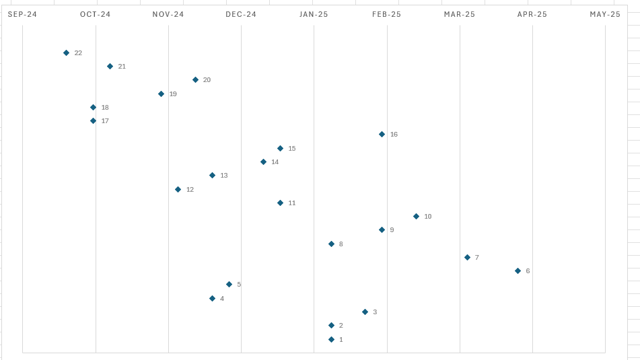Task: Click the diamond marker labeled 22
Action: [x=66, y=52]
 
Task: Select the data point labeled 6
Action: [x=518, y=271]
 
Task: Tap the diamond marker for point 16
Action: [x=382, y=134]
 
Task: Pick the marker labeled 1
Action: [x=331, y=339]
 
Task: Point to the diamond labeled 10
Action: [x=416, y=216]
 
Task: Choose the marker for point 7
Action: [x=467, y=257]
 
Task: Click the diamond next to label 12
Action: [x=178, y=189]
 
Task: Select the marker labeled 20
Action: [x=195, y=79]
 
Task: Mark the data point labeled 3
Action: [x=365, y=312]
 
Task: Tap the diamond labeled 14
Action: [x=263, y=161]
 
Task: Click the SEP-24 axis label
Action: [x=22, y=14]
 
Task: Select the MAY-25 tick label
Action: [x=605, y=14]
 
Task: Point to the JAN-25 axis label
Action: [x=314, y=14]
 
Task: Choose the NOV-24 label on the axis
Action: [x=168, y=14]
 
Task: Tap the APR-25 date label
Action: [x=532, y=14]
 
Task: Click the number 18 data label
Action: [x=105, y=108]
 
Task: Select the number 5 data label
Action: [x=239, y=285]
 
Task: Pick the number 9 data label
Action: [x=392, y=230]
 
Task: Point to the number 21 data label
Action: [x=122, y=67]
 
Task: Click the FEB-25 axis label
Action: [x=387, y=14]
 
